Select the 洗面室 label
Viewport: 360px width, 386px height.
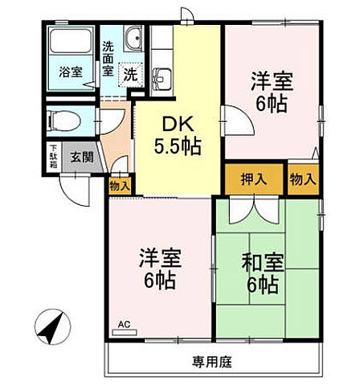pos(108,59)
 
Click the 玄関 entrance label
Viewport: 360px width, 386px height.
pos(80,157)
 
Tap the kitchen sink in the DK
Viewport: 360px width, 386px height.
pos(162,79)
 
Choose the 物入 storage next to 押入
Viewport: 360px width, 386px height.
pos(303,179)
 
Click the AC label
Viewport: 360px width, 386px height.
pos(124,325)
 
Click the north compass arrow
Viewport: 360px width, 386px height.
pos(53,328)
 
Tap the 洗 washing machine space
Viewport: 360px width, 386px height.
pos(130,74)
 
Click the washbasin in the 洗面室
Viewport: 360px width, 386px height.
pos(133,39)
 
